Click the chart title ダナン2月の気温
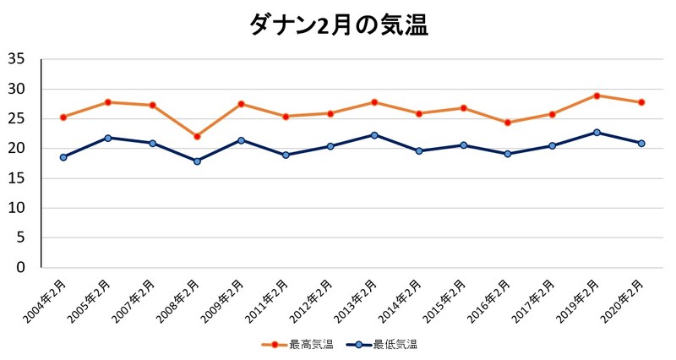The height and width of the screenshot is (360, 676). click(339, 25)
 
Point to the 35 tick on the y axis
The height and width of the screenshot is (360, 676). click(16, 59)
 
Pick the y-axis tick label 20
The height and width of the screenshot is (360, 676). click(16, 149)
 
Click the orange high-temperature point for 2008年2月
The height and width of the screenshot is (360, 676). click(197, 136)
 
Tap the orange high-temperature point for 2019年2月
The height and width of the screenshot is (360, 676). click(597, 95)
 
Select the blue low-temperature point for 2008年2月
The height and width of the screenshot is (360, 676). click(197, 161)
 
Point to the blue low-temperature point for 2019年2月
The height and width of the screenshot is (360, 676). click(597, 132)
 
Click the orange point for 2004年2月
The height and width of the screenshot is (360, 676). click(63, 117)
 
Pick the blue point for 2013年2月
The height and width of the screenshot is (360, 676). click(374, 134)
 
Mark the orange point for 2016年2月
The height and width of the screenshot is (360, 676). click(508, 123)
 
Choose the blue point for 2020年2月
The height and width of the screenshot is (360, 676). click(641, 143)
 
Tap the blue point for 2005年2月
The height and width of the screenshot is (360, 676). click(108, 138)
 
